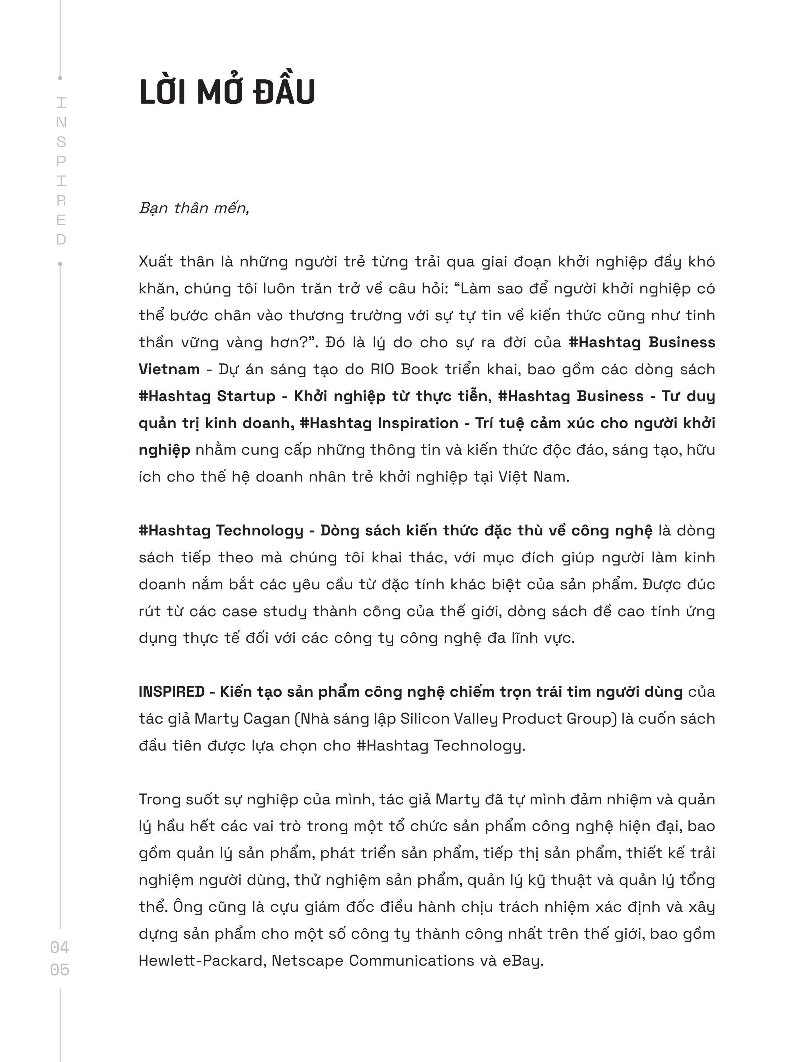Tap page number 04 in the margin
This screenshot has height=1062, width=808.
tap(60, 947)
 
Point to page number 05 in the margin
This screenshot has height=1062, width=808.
tap(60, 969)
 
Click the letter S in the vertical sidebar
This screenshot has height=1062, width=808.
tap(61, 142)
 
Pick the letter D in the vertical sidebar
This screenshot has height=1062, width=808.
tap(61, 240)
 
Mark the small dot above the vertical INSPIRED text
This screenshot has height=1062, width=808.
tap(60, 78)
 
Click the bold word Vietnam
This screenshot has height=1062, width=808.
tap(169, 369)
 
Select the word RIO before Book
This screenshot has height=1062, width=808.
tap(382, 369)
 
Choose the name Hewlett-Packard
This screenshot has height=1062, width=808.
tap(202, 961)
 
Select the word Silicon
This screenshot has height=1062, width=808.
tap(424, 719)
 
